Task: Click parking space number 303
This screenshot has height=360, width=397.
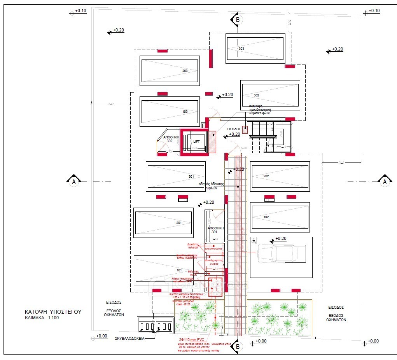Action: click(x=255, y=48)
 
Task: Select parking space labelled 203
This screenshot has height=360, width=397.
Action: click(x=170, y=71)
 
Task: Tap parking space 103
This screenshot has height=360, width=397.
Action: click(x=170, y=112)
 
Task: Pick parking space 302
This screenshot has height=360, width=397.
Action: click(x=270, y=95)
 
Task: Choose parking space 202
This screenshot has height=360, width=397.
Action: click(x=280, y=177)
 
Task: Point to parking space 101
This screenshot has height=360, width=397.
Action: click(x=164, y=270)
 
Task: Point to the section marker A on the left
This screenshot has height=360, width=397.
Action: click(x=73, y=181)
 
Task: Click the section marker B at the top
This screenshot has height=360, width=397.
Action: click(x=237, y=19)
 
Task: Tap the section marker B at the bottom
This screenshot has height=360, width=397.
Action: click(x=239, y=346)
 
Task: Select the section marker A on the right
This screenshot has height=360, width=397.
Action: click(x=385, y=181)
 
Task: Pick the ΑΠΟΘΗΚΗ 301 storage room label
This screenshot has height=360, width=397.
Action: click(x=215, y=230)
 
